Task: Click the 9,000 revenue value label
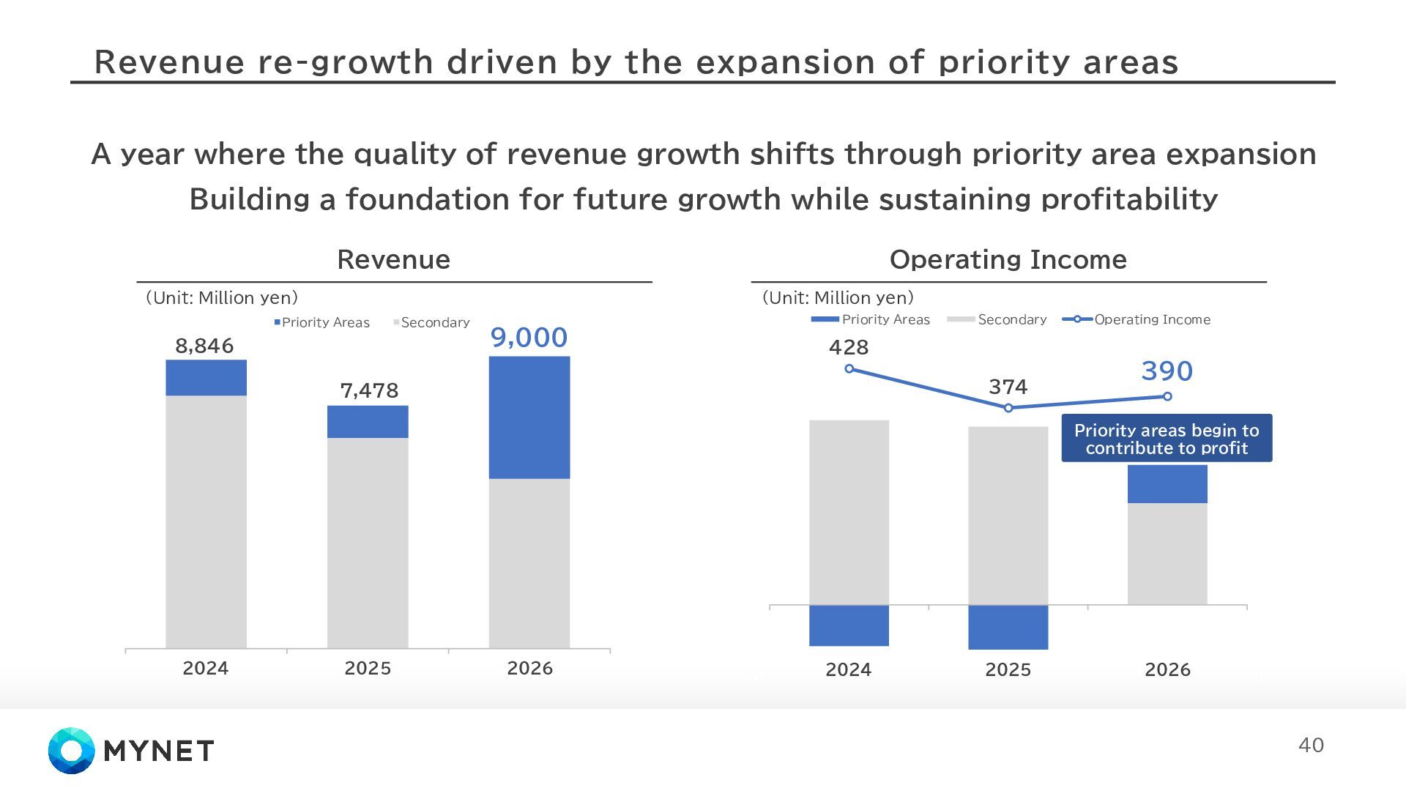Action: coord(529,338)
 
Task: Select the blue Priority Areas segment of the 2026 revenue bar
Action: coord(529,417)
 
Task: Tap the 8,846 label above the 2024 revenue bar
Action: coord(204,346)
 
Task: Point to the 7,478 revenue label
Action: coord(369,390)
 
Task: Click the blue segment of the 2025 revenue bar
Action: coord(368,422)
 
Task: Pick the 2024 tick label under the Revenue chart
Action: coord(205,668)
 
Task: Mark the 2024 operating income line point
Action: coord(849,369)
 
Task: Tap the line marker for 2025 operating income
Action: coord(1008,408)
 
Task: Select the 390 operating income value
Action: coord(1167,371)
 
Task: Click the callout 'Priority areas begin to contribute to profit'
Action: coord(1167,439)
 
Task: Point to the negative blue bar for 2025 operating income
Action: coord(1008,628)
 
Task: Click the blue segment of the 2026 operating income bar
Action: coord(1167,483)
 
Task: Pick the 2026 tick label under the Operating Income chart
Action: coord(1167,669)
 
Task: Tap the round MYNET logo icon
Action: coord(72,751)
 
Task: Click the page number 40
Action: coord(1311,746)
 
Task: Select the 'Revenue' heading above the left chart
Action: coord(393,259)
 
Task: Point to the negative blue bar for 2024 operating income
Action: coord(849,625)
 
